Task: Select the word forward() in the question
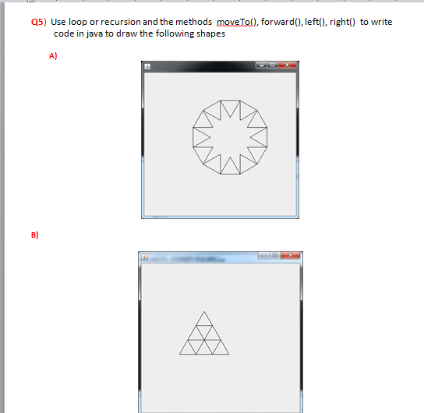click(278, 23)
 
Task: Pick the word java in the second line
click(99, 34)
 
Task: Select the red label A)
click(53, 56)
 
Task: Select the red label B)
click(34, 234)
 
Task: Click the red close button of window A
click(286, 65)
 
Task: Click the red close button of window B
click(290, 256)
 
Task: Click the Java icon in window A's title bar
click(147, 67)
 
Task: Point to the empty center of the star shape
click(229, 136)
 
